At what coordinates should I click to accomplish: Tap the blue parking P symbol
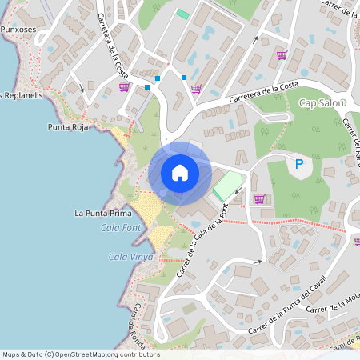[x=299, y=165]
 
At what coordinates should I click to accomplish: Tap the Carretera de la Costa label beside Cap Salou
[x=263, y=91]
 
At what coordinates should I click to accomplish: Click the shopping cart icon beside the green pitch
[x=258, y=198]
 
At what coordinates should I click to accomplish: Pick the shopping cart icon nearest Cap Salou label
[x=282, y=56]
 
